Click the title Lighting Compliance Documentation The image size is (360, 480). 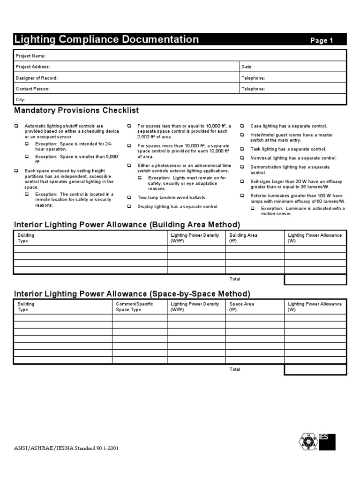click(x=106, y=39)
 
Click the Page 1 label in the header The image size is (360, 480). click(x=322, y=41)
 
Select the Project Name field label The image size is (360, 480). click(x=31, y=56)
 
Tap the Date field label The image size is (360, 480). click(x=247, y=67)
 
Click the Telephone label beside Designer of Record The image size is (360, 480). click(x=253, y=78)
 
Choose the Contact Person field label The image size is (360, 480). click(x=33, y=89)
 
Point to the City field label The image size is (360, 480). click(x=21, y=100)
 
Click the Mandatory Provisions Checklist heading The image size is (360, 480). click(x=76, y=111)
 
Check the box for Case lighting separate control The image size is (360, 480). click(x=242, y=126)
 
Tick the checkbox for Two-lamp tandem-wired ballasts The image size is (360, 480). click(x=129, y=198)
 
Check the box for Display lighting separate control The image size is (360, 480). click(x=129, y=206)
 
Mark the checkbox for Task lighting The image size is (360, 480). click(x=242, y=149)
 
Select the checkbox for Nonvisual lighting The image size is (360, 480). click(x=242, y=158)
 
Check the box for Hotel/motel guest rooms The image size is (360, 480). click(x=242, y=135)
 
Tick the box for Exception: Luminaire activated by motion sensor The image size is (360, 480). click(x=253, y=208)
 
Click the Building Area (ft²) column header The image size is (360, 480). click(x=243, y=238)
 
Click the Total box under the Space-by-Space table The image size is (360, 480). click(x=315, y=370)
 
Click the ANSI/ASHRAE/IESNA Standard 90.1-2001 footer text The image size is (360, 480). click(x=67, y=448)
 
